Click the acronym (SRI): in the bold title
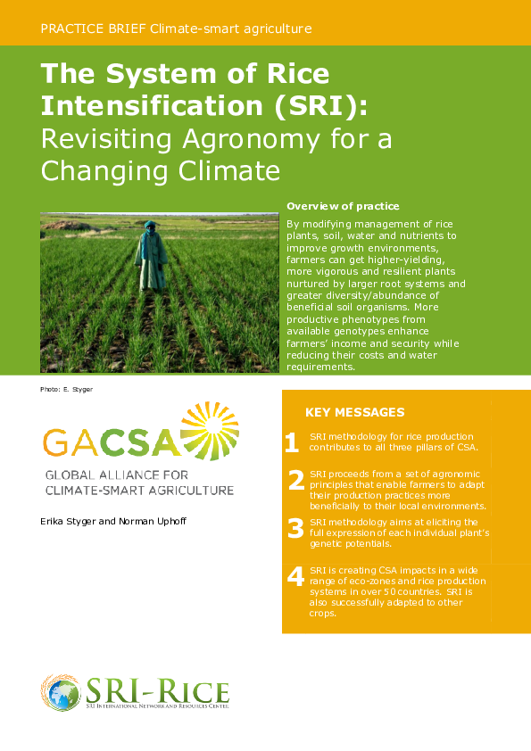point(321,105)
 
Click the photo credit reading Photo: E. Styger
point(66,390)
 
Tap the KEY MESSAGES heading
point(354,412)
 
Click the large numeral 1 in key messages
point(292,442)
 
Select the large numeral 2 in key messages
point(296,482)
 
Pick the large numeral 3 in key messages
point(296,529)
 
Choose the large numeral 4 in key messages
point(296,576)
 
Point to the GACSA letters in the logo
point(111,442)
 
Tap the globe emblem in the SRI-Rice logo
point(61,693)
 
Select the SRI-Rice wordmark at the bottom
point(157,689)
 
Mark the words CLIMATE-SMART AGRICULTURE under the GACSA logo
point(139,490)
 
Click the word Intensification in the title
point(153,105)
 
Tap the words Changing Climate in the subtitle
point(161,169)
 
